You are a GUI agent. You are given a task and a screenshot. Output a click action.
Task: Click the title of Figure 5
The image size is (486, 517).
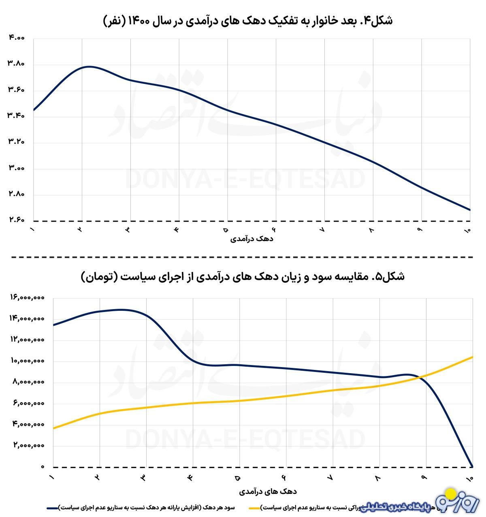243,277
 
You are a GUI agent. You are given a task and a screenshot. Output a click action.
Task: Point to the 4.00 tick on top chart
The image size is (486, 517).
16,38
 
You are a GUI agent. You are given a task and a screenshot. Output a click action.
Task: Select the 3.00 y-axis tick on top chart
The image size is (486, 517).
16,169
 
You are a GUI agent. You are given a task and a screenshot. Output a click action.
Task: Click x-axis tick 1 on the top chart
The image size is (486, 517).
32,230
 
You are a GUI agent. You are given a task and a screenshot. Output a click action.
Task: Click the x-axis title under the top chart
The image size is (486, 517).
252,239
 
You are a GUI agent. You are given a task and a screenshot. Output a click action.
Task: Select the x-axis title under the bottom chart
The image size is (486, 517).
268,491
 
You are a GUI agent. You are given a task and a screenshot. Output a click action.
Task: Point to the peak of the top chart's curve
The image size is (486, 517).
88,66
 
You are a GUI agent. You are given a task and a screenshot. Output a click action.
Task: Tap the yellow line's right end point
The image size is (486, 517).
472,357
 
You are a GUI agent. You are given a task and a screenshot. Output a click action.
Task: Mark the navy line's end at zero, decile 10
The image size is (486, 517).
472,466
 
